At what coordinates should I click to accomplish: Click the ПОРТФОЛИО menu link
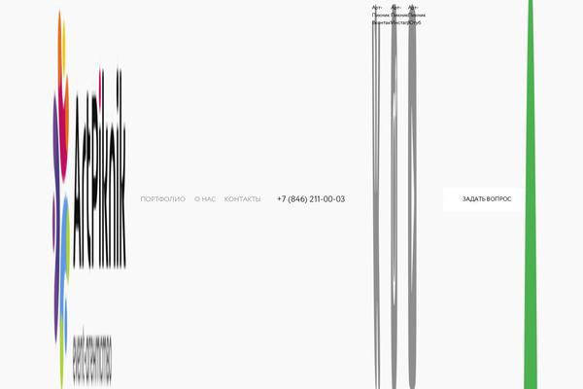pos(162,199)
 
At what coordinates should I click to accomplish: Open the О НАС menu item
pos(204,199)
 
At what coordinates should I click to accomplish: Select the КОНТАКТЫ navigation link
pos(242,199)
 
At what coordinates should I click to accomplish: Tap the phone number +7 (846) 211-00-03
pos(310,199)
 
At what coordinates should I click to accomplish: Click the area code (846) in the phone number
pos(301,199)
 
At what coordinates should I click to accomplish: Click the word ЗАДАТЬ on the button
pos(473,199)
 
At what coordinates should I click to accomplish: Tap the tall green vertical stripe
pos(530,194)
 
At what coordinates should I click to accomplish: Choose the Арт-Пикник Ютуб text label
pos(415,15)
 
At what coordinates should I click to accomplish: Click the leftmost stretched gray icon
pos(377,194)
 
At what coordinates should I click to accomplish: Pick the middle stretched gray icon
pos(394,194)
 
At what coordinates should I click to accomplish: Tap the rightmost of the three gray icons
pos(413,194)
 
